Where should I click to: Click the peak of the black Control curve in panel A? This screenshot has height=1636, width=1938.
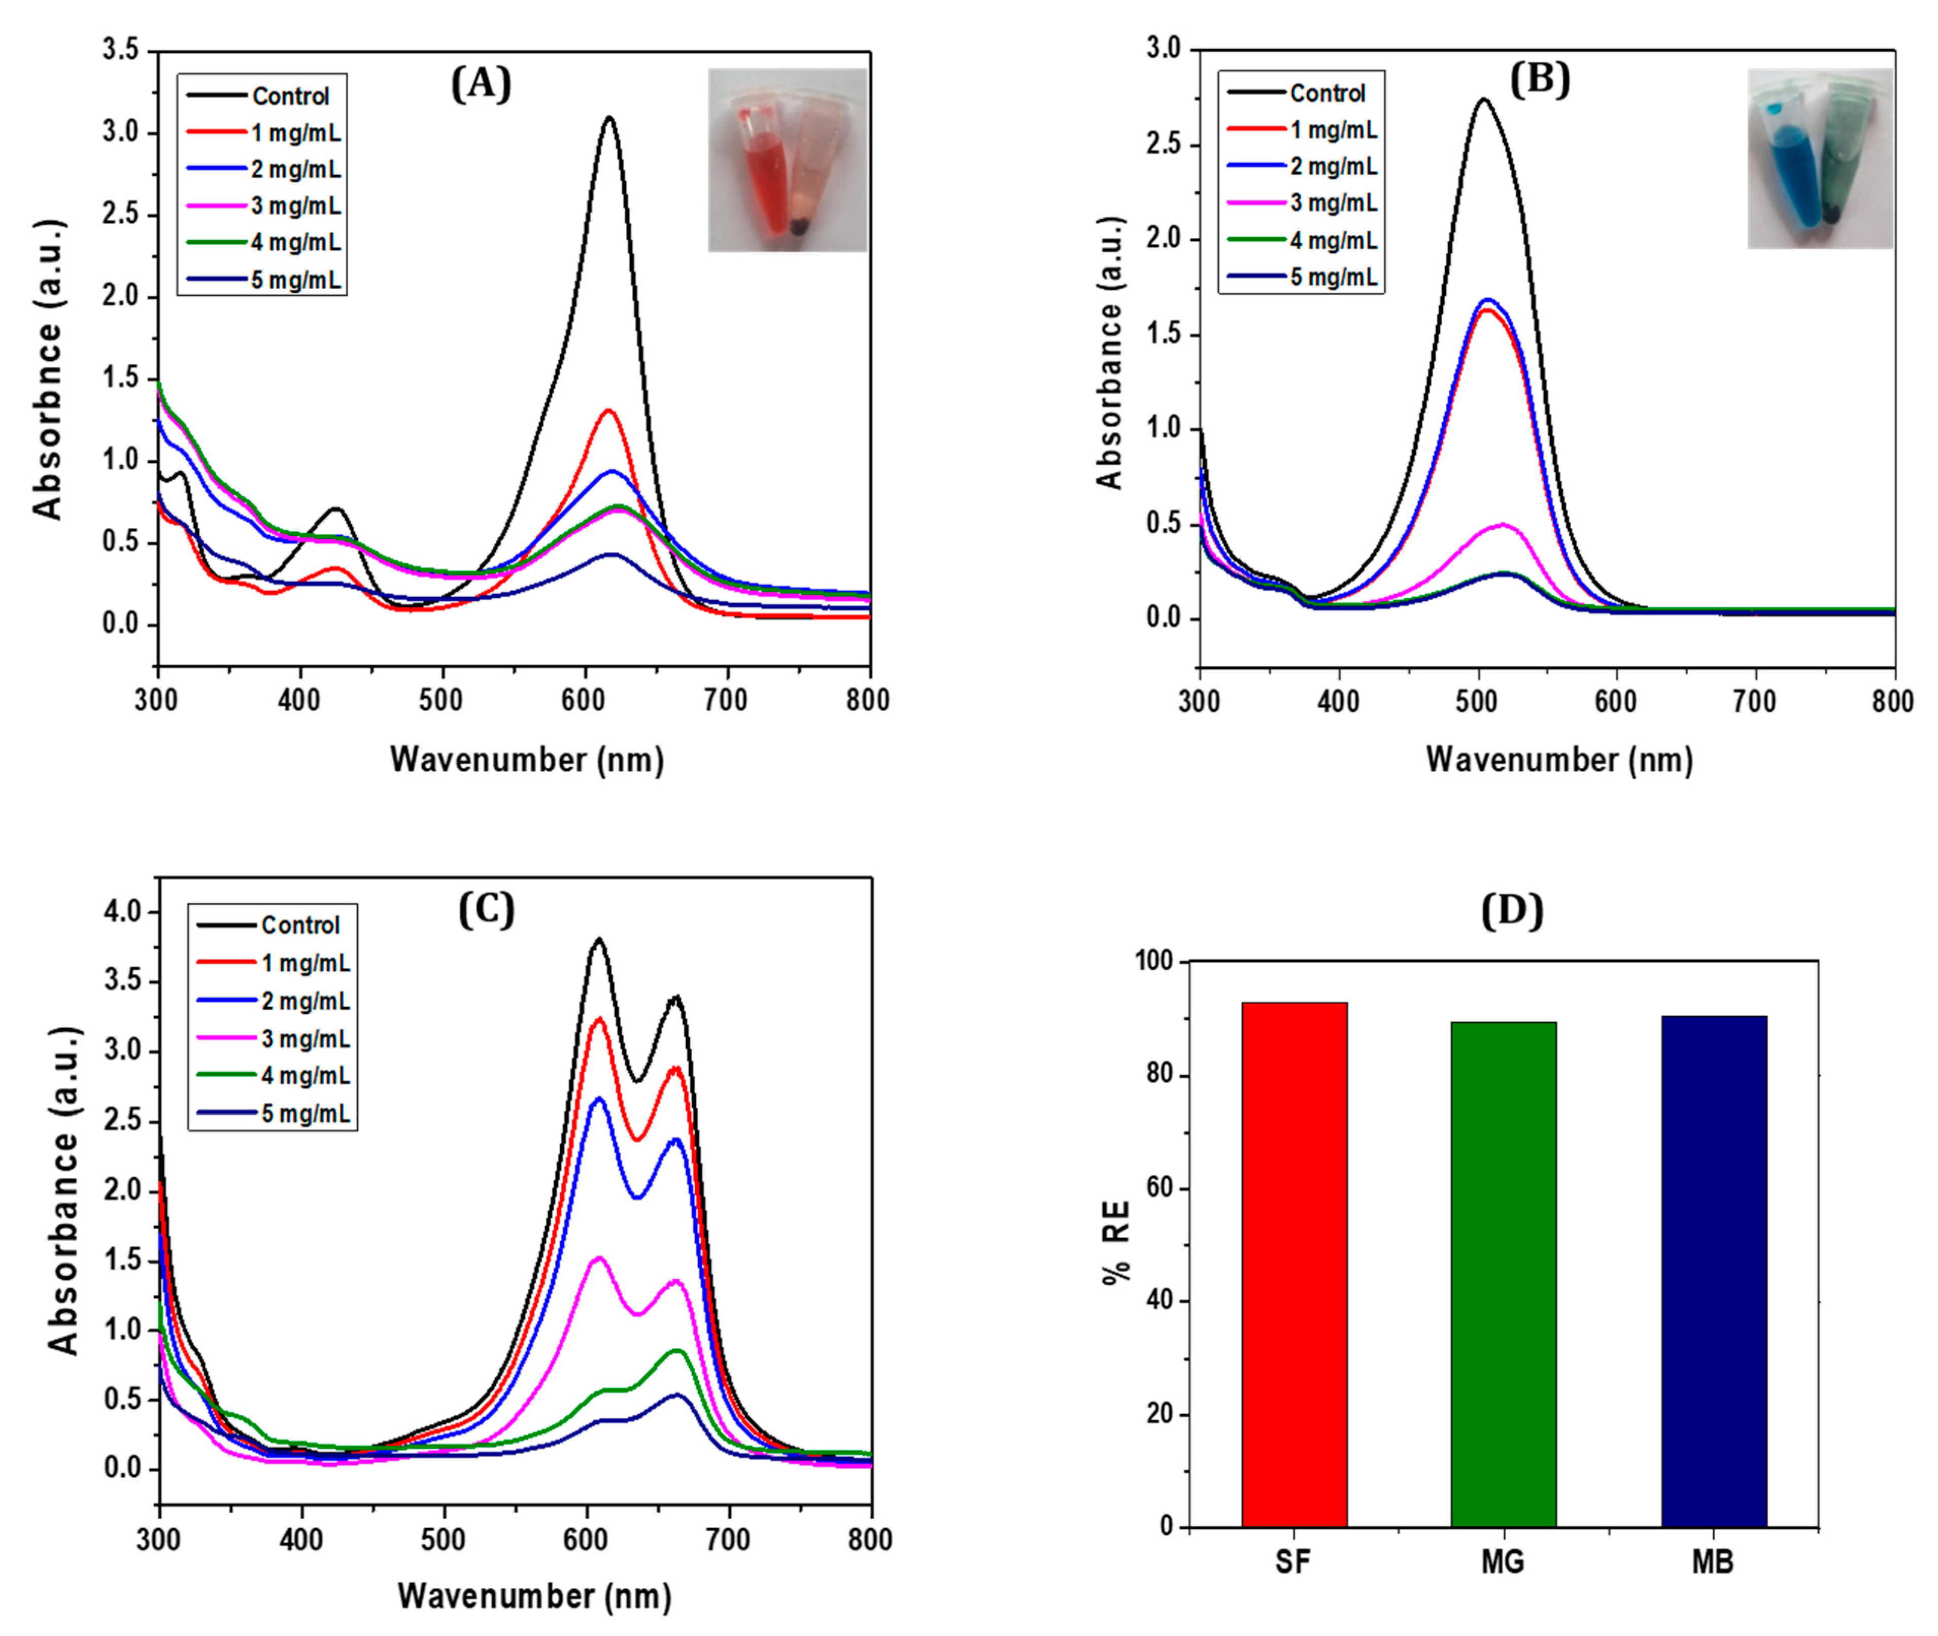click(x=609, y=118)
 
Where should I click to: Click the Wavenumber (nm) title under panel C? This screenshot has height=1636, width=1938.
click(x=534, y=1595)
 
